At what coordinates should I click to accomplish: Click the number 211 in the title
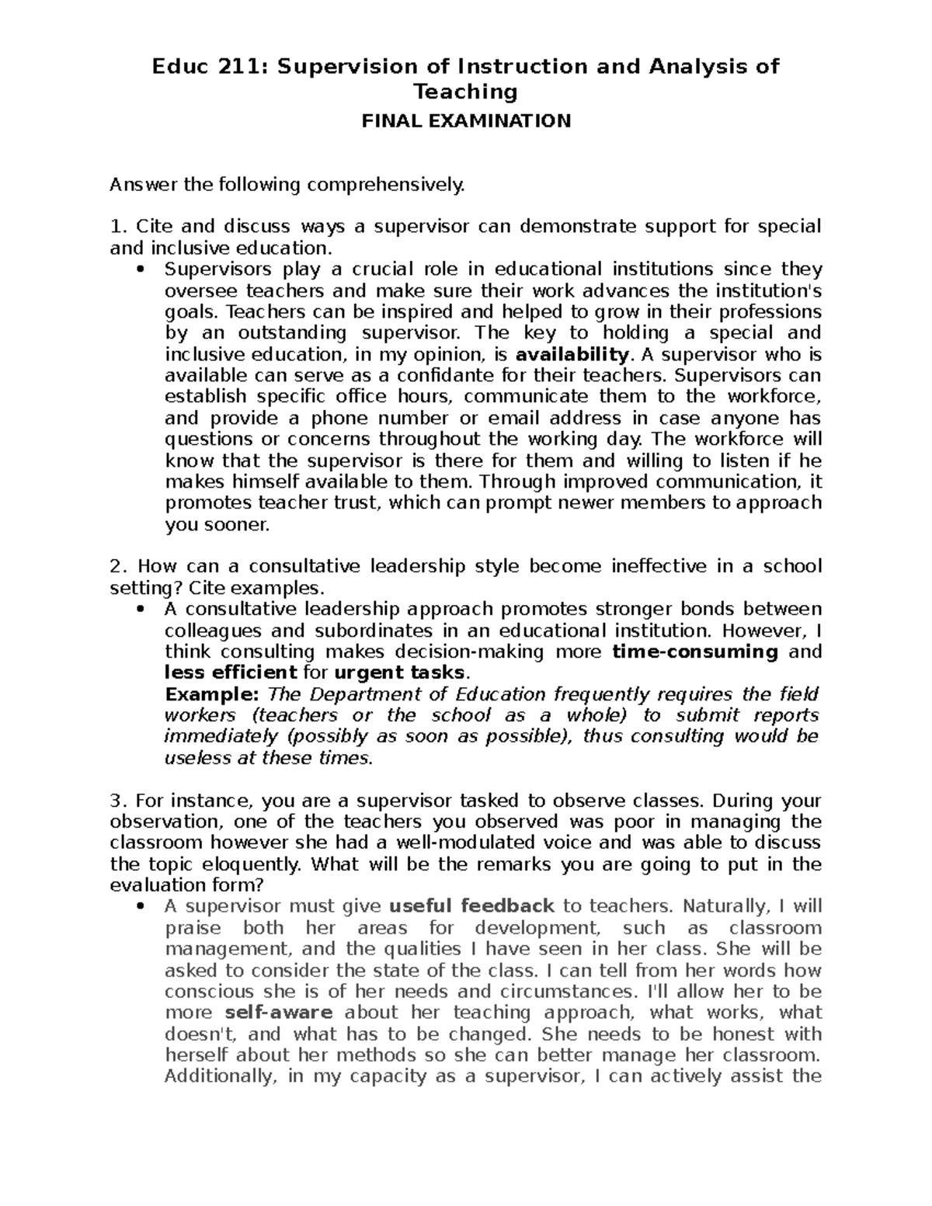coord(243,67)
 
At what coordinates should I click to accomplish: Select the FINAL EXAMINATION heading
coord(465,121)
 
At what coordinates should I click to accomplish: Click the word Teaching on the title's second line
coord(465,92)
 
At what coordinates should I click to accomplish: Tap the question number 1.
coord(116,227)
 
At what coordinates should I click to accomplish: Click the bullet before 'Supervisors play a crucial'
coord(140,270)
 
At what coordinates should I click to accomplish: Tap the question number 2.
coord(116,566)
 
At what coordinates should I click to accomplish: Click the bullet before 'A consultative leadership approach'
coord(140,610)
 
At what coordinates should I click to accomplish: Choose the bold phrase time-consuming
coord(695,652)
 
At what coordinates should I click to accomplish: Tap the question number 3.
coord(116,801)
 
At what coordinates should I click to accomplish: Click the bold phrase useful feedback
coord(471,906)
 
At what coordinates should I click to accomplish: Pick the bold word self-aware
coord(279,1013)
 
